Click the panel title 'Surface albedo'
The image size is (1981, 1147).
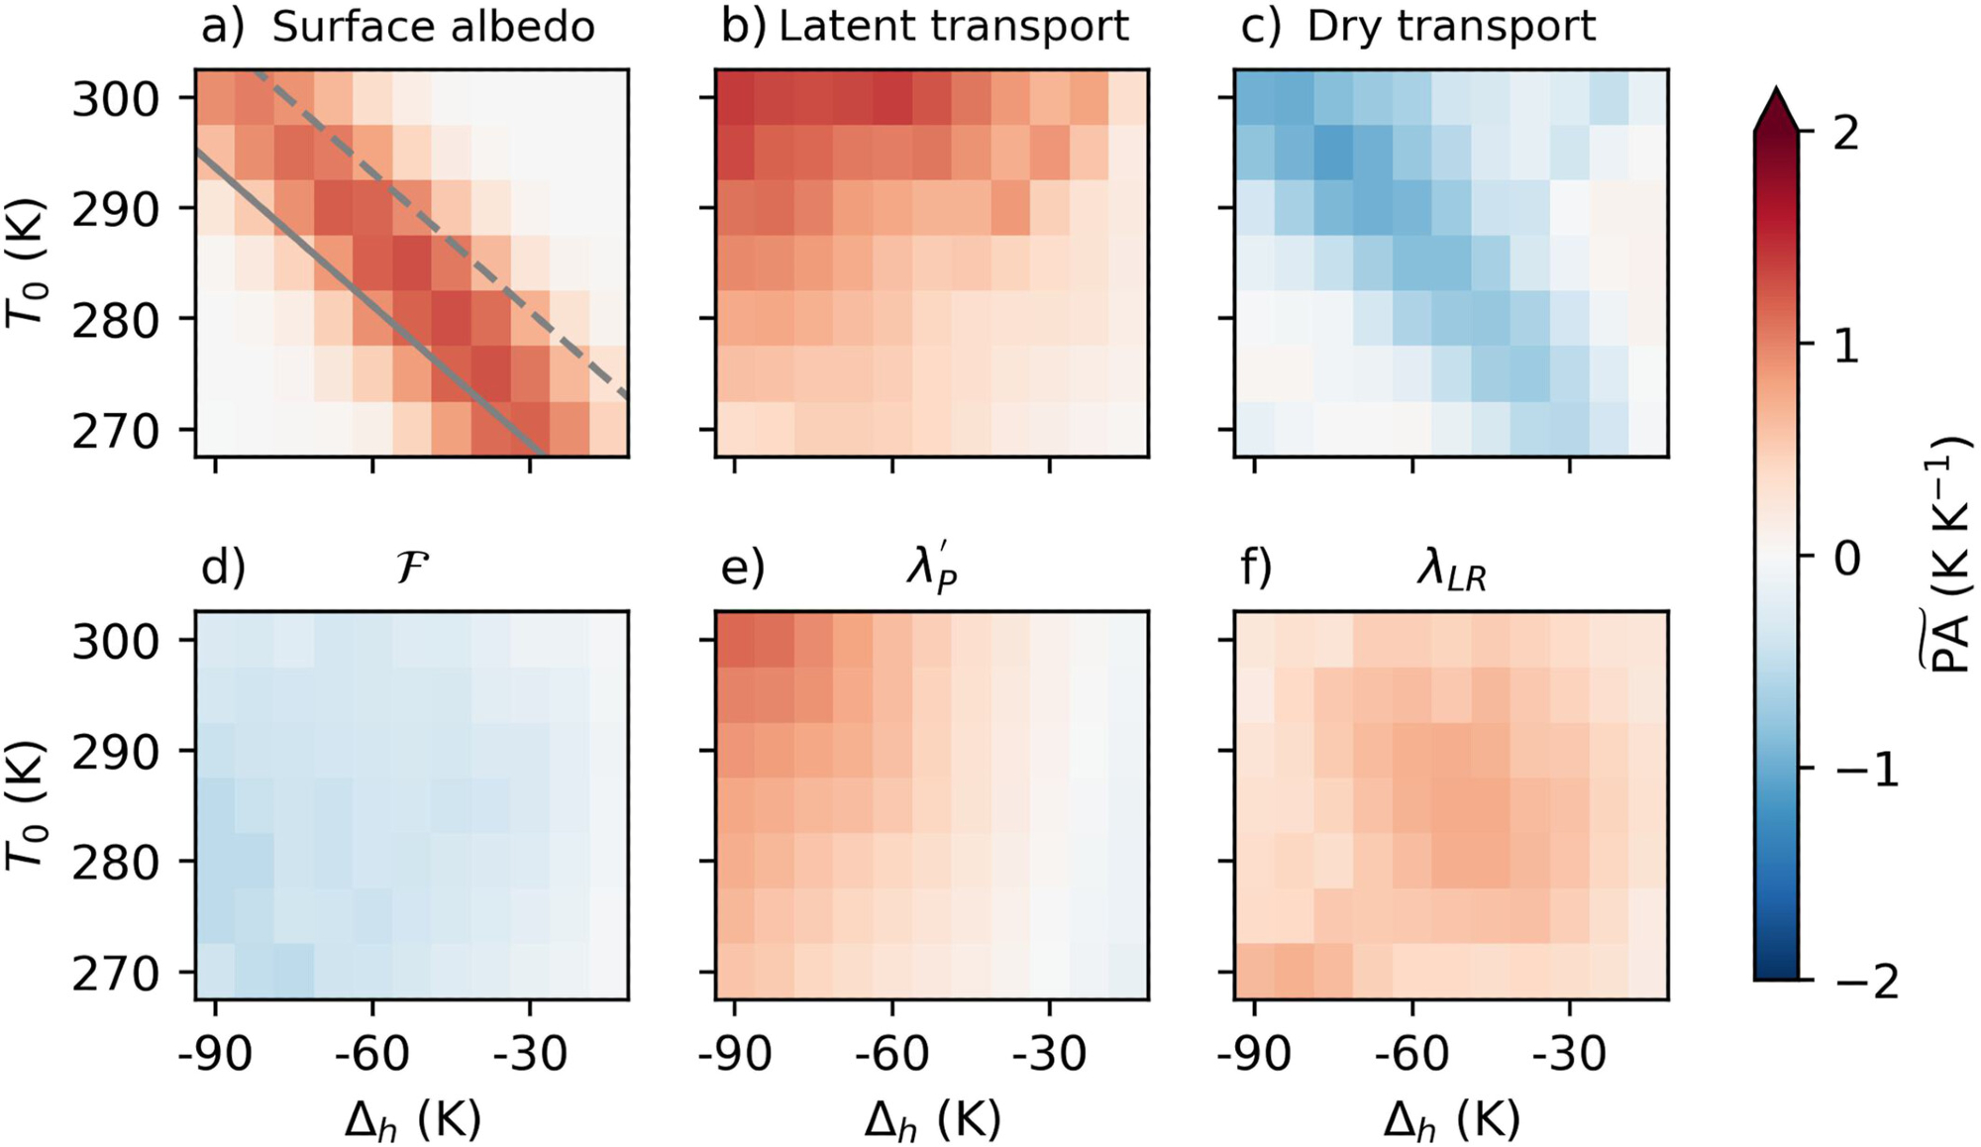(433, 27)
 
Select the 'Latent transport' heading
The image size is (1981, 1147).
(953, 27)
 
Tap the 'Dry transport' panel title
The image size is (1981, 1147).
(1451, 27)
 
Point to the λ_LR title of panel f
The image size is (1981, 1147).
(1451, 572)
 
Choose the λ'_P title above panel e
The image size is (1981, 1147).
(932, 570)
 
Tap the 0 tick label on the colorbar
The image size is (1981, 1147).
(1846, 559)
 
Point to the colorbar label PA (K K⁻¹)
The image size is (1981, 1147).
(1944, 555)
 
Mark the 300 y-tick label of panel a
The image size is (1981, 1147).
(115, 100)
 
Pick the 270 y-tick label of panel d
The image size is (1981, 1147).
(115, 975)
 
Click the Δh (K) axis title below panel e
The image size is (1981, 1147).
(932, 1120)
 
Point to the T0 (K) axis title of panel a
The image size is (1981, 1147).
(28, 262)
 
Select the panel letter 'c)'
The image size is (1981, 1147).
(1260, 27)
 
